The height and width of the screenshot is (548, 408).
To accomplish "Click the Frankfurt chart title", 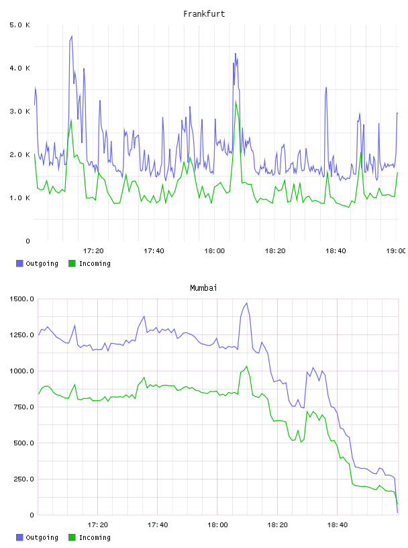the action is click(x=204, y=13).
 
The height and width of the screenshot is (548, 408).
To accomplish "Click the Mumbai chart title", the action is click(x=203, y=287).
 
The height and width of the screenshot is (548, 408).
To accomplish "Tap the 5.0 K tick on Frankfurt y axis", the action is click(x=20, y=25).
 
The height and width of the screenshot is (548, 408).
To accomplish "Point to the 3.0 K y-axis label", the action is click(x=20, y=111).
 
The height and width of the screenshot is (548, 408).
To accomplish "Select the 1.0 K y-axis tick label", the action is click(x=20, y=198).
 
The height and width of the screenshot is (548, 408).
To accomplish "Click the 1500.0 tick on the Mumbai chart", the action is click(x=21, y=299).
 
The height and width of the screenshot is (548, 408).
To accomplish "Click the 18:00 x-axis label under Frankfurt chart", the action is click(x=215, y=250).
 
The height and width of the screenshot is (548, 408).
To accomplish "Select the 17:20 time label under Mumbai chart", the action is click(x=97, y=524).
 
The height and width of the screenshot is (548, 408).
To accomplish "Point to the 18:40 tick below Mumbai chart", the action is click(x=337, y=524).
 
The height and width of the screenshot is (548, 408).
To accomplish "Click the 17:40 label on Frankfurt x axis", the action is click(x=154, y=250).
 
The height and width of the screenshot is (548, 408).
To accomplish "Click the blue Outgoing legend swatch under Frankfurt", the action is click(x=19, y=263).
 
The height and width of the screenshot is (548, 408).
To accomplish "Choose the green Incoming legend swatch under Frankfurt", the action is click(x=72, y=263).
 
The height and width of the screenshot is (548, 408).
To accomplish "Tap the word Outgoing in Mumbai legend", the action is click(x=42, y=537).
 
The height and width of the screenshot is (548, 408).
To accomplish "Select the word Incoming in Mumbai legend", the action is click(x=95, y=537).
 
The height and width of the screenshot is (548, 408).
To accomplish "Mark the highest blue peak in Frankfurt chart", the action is click(x=72, y=36).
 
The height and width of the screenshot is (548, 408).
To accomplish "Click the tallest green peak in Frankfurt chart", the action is click(x=236, y=101).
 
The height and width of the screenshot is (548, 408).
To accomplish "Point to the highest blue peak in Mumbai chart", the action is click(x=247, y=303).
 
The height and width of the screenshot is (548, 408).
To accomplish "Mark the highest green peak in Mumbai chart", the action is click(x=247, y=366).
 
